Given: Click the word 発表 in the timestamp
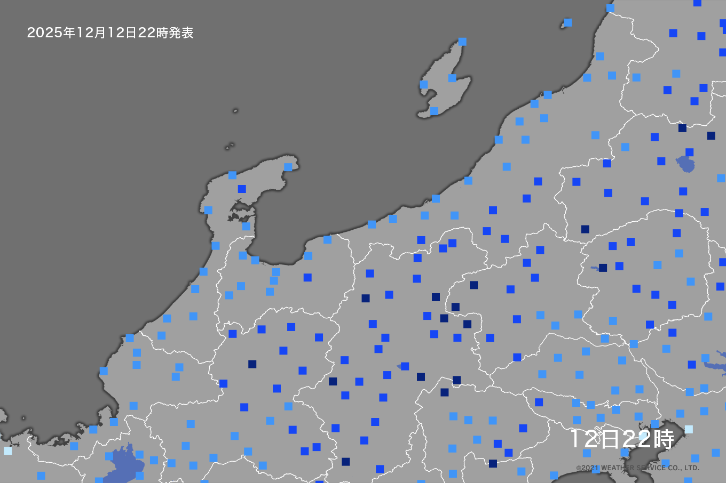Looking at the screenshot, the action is [x=181, y=33].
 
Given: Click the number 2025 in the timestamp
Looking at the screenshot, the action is [x=45, y=33].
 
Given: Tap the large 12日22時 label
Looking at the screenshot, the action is [x=622, y=439].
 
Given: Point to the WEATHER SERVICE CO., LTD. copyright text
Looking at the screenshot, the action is [x=637, y=468].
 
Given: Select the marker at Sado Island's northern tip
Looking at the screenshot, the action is [x=462, y=42].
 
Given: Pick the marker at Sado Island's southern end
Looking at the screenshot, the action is [x=434, y=111].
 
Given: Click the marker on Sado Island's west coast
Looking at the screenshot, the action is [x=424, y=84].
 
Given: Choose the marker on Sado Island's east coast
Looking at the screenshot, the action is [x=452, y=78].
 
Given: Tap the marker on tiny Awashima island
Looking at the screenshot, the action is [x=568, y=22].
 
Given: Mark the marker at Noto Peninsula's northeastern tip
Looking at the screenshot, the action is [x=288, y=167].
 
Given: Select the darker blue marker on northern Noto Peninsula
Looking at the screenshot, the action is [x=242, y=189].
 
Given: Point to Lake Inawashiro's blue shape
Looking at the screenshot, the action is [x=685, y=164].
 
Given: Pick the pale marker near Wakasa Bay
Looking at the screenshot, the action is [x=7, y=450].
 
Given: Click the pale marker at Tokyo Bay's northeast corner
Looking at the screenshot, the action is [x=689, y=429].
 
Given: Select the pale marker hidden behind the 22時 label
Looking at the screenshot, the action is [x=643, y=437].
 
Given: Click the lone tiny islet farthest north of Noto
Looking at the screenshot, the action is [x=235, y=111].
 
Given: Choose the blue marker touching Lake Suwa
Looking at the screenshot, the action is [x=405, y=366].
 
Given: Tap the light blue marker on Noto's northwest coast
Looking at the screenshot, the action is [x=232, y=175].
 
